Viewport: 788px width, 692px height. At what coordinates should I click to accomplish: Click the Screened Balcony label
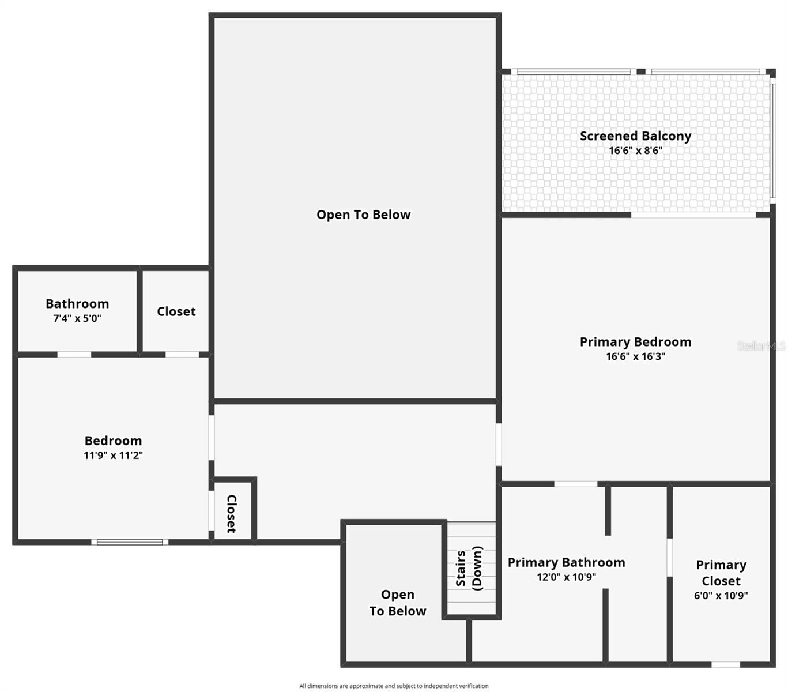(x=635, y=136)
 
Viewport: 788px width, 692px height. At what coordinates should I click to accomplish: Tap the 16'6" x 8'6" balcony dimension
(x=635, y=151)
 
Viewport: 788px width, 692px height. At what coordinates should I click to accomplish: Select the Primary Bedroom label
(x=635, y=342)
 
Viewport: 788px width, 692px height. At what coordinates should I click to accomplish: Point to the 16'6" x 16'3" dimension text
(x=635, y=356)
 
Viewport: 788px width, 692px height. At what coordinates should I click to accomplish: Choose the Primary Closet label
(x=721, y=573)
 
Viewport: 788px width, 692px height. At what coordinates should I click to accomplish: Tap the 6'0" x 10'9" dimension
(x=721, y=596)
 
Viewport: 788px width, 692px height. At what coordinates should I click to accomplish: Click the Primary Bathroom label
(x=566, y=562)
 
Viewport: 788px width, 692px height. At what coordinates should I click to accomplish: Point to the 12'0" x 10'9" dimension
(x=566, y=577)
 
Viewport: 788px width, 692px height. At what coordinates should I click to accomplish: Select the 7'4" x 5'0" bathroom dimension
(x=77, y=318)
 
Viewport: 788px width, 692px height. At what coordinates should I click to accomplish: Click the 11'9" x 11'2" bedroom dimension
(x=113, y=456)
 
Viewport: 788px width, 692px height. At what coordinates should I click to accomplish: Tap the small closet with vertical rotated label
(x=232, y=512)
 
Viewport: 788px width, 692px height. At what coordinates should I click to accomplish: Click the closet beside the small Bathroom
(x=176, y=311)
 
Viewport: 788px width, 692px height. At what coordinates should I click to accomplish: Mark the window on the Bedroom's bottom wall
(x=130, y=542)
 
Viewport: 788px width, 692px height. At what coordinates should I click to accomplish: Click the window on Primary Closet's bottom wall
(x=726, y=664)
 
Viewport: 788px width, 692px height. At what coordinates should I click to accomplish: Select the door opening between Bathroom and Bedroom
(x=74, y=354)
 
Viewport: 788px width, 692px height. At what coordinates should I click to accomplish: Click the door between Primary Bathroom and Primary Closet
(x=670, y=558)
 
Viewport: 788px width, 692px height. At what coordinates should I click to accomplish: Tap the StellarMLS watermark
(x=761, y=346)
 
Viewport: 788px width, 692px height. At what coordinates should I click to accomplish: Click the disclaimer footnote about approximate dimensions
(x=394, y=686)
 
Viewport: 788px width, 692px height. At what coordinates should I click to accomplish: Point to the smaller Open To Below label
(x=397, y=603)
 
